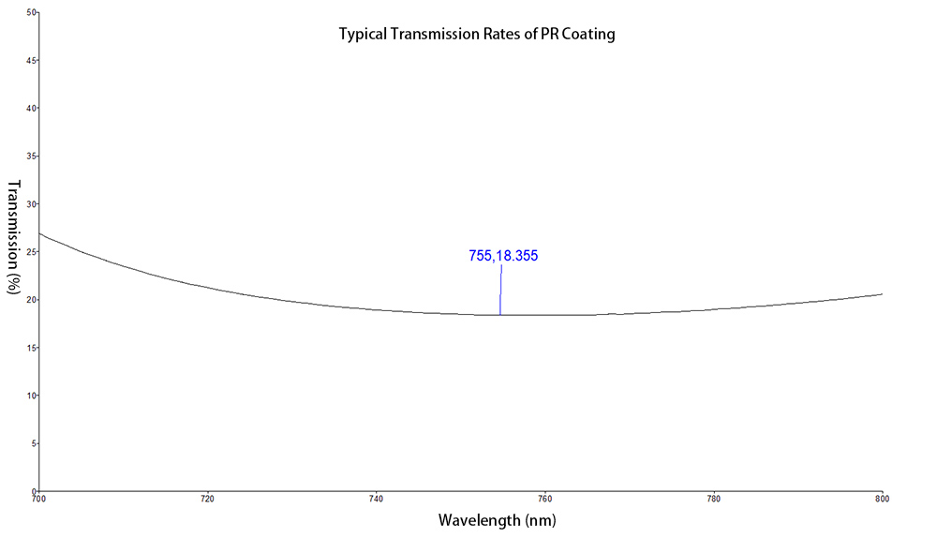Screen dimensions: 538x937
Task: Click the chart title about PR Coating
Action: pyautogui.click(x=477, y=35)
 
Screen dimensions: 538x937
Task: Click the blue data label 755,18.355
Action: pyautogui.click(x=503, y=255)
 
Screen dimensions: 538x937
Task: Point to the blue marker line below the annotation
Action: pyautogui.click(x=500, y=291)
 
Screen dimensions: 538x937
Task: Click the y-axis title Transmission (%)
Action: pyautogui.click(x=14, y=238)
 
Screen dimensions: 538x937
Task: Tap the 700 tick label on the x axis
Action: pyautogui.click(x=38, y=499)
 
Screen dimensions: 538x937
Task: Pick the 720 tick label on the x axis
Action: pyautogui.click(x=207, y=499)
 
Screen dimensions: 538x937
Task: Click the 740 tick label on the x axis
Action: pyautogui.click(x=376, y=499)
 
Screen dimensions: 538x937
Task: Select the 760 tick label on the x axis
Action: pyautogui.click(x=544, y=499)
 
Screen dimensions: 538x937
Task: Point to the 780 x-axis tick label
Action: pyautogui.click(x=713, y=499)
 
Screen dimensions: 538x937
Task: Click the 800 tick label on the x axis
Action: pyautogui.click(x=881, y=499)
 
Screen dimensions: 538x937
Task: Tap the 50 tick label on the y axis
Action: pyautogui.click(x=31, y=13)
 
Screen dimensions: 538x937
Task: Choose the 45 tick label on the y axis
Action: pyautogui.click(x=31, y=61)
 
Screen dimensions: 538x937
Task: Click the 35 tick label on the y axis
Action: pyautogui.click(x=31, y=157)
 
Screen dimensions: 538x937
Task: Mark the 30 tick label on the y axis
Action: pyautogui.click(x=31, y=204)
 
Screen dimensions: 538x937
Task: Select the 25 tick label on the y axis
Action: pyautogui.click(x=31, y=252)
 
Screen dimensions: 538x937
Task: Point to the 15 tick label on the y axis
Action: pyautogui.click(x=31, y=348)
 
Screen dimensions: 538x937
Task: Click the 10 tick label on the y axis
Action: pyautogui.click(x=31, y=396)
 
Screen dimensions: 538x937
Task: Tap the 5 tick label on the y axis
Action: pyautogui.click(x=33, y=443)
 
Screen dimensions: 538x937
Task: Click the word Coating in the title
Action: pyautogui.click(x=587, y=35)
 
